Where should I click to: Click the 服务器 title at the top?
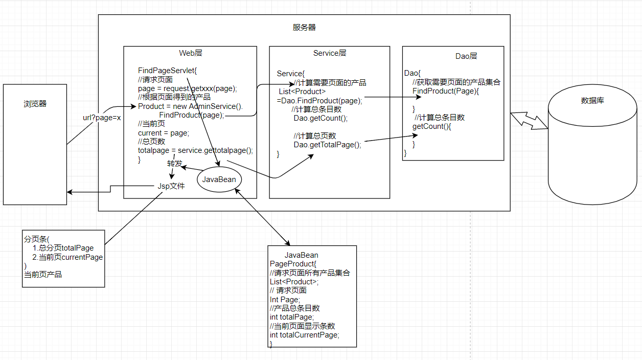tap(304, 28)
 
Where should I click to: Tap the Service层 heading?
tap(330, 53)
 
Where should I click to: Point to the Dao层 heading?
tap(466, 56)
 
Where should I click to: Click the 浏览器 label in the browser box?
tap(35, 104)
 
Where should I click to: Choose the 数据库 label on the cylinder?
tap(592, 101)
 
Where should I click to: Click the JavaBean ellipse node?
tap(219, 179)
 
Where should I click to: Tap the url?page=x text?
tap(102, 118)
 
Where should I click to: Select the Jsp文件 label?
tap(171, 186)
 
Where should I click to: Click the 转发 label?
tap(174, 164)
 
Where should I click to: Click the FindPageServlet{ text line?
tap(164, 70)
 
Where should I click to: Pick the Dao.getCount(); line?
tap(320, 118)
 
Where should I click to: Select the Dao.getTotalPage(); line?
tap(327, 145)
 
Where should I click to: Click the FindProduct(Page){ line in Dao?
tap(446, 91)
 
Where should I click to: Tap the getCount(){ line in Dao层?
tap(432, 126)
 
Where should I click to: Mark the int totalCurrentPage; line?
tap(305, 335)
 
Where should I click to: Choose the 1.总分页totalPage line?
tap(63, 248)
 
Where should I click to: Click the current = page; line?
tap(164, 133)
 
